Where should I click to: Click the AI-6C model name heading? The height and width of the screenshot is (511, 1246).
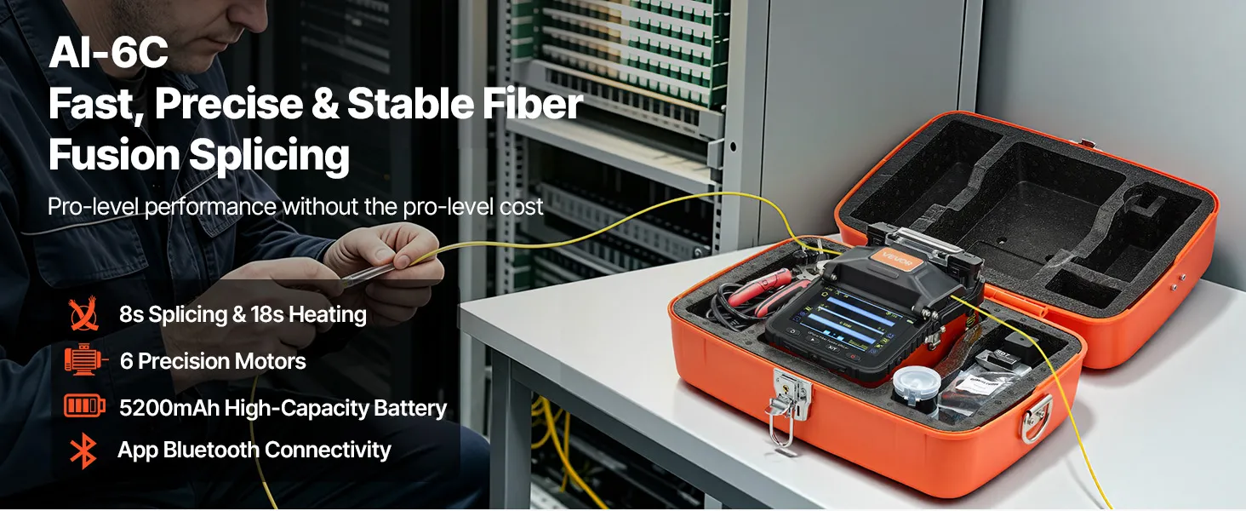click(x=108, y=53)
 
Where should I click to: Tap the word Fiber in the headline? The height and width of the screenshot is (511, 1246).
click(x=532, y=104)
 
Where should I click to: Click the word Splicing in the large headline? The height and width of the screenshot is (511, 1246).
click(x=269, y=155)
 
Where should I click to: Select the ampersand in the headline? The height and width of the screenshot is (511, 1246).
click(x=325, y=104)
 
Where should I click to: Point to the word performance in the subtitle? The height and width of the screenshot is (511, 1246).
click(x=210, y=207)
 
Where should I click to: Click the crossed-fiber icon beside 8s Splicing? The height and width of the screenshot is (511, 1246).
click(x=84, y=314)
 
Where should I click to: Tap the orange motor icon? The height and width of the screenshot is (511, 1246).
click(x=85, y=359)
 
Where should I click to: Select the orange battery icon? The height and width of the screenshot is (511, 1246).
click(x=84, y=405)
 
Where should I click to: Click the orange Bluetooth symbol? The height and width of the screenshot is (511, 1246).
click(x=83, y=451)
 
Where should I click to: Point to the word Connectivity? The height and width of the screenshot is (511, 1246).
click(x=328, y=450)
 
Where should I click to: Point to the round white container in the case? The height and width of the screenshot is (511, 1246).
click(x=916, y=388)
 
